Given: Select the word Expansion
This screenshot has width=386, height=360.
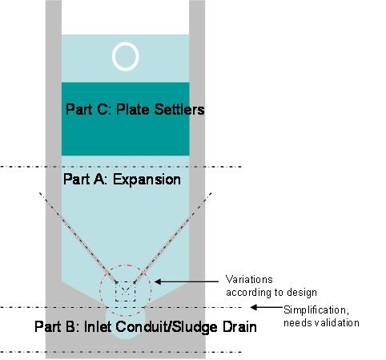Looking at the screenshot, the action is coord(147,180).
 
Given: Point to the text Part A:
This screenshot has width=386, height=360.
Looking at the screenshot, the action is coord(85,180).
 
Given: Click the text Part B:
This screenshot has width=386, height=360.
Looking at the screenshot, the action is coord(57,326).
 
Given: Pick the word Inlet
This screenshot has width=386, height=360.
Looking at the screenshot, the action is coord(98,326).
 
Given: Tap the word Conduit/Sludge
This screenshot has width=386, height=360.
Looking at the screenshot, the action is coord(167,327).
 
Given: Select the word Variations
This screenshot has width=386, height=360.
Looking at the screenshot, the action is coord(249,280).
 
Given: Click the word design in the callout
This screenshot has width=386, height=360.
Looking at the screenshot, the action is coord(302,293).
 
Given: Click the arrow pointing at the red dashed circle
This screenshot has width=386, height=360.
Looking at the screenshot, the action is coord(187,281).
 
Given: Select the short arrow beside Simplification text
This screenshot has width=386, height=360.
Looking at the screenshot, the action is coord(266,307).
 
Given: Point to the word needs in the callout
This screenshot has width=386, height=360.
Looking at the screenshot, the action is coord(298,323).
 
